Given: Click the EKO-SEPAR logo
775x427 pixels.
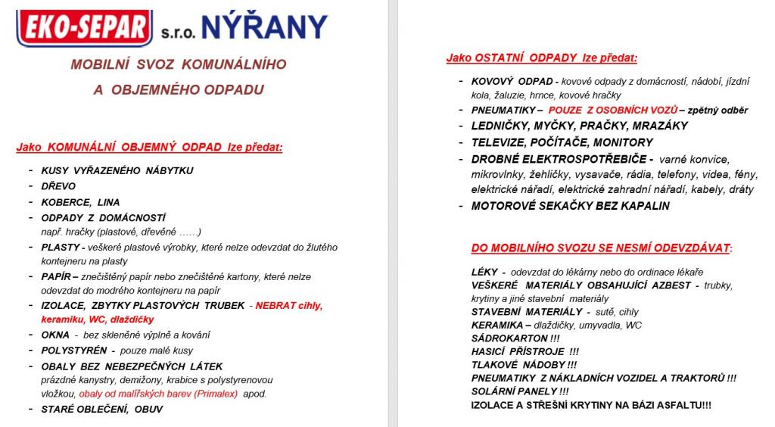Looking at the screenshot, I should point(83,27).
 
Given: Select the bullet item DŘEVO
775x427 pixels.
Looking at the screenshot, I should point(58,186).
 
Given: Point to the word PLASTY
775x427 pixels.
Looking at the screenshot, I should point(60,248).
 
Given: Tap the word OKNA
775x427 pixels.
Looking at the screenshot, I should point(55,335).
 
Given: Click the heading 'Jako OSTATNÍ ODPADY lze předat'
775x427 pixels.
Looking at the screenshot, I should point(542,58).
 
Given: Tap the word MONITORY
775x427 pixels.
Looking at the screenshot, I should point(622,142).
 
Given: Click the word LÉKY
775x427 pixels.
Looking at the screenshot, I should point(484,272).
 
